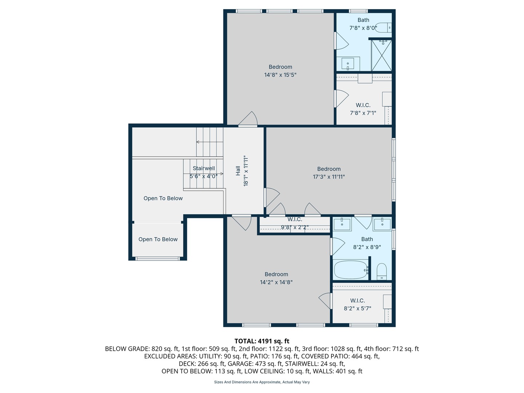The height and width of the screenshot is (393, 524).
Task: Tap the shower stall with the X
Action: [x=382, y=55]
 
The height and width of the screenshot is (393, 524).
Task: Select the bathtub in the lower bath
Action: [x=351, y=270]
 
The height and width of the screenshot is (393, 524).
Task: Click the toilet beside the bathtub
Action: [x=381, y=271]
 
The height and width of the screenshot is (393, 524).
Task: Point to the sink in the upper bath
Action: [x=348, y=64]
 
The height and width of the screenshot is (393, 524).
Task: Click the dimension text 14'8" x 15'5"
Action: [x=280, y=75]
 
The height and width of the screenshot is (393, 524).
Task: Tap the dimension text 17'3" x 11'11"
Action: [x=329, y=177]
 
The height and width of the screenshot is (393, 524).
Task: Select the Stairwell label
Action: [x=204, y=168]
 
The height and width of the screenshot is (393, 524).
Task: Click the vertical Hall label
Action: [x=238, y=171]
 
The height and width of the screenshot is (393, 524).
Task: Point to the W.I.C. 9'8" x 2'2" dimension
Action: [x=295, y=227]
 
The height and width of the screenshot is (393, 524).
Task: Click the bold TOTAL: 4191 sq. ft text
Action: [x=262, y=341]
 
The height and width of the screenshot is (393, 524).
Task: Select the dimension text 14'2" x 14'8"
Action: [x=276, y=282]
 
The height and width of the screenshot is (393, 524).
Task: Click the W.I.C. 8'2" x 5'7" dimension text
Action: [x=357, y=309]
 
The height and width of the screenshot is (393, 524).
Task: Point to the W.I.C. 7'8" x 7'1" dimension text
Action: [x=363, y=113]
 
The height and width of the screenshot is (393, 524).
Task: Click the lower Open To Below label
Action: [x=158, y=239]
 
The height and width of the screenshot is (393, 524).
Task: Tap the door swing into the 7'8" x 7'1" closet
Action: [x=341, y=98]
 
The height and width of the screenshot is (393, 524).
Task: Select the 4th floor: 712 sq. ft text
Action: [x=391, y=349]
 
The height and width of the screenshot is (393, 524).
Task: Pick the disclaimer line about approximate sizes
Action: [x=262, y=382]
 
